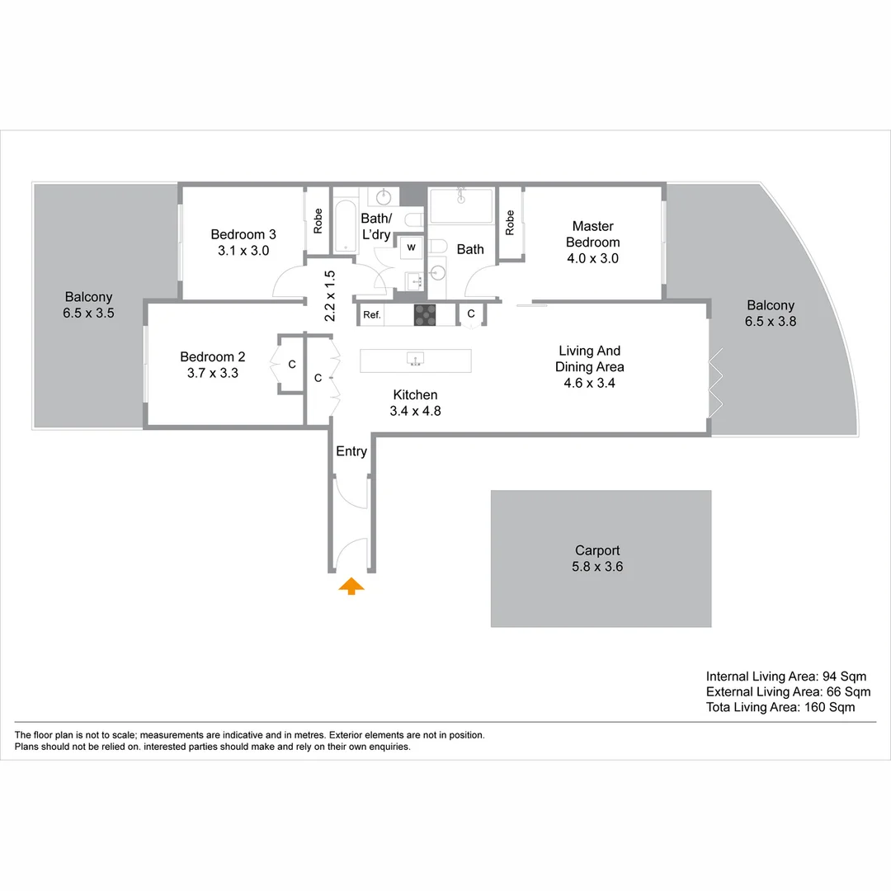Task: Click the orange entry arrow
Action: pos(351,586)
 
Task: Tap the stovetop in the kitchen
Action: pos(425,313)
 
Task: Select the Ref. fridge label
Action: pos(372,314)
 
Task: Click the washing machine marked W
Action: pos(411,247)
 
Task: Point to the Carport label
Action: pos(597,550)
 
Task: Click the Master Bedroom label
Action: pos(592,234)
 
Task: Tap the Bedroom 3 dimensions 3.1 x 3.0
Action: pos(243,251)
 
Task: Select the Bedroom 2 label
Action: pos(212,356)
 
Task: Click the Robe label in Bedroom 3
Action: pos(318,220)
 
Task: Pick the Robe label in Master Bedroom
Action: pos(510,223)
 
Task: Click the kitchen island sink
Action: pos(416,359)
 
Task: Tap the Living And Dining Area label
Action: pos(589,359)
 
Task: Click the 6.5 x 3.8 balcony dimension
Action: pos(771,322)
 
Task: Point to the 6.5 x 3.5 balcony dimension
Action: pos(88,313)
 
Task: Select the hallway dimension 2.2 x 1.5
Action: pos(329,296)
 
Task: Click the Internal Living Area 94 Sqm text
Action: pos(786,676)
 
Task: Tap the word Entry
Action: pos(351,451)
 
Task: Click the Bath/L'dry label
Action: pos(376,227)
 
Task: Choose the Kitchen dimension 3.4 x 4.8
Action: pos(415,411)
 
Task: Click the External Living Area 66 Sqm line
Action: pos(788,692)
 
